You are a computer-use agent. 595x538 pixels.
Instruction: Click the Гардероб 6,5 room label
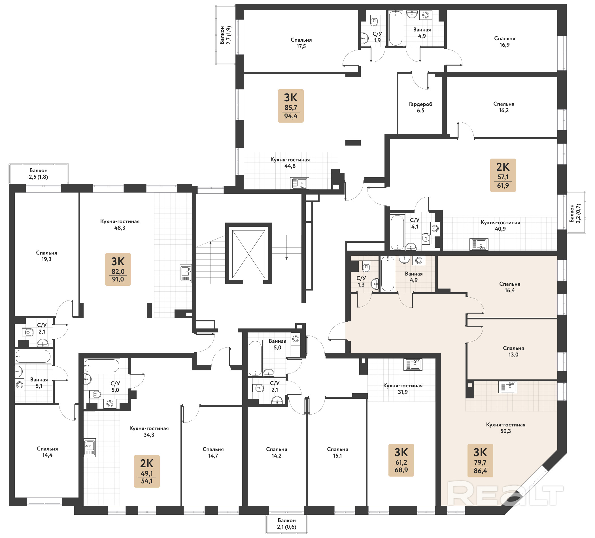pyautogui.click(x=420, y=107)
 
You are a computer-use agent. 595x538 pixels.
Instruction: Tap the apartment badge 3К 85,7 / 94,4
pyautogui.click(x=291, y=106)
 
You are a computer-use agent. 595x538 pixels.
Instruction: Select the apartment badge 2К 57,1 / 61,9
pyautogui.click(x=503, y=175)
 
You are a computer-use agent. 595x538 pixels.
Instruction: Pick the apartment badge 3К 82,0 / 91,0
pyautogui.click(x=118, y=269)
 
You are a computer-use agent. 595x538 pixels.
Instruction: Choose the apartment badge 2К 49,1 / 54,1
pyautogui.click(x=147, y=471)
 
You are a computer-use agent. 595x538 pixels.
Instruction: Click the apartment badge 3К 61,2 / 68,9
pyautogui.click(x=401, y=460)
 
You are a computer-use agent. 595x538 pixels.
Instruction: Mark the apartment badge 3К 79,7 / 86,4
pyautogui.click(x=480, y=460)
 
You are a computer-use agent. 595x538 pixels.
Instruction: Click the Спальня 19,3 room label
pyautogui.click(x=47, y=256)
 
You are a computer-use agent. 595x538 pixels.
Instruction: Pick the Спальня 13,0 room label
pyautogui.click(x=513, y=351)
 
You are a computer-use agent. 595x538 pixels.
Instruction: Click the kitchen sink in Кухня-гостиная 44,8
pyautogui.click(x=299, y=183)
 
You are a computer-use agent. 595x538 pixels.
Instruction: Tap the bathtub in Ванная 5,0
pyautogui.click(x=255, y=358)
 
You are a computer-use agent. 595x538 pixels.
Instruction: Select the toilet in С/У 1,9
pyautogui.click(x=374, y=21)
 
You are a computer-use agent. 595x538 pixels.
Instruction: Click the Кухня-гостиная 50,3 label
pyautogui.click(x=505, y=428)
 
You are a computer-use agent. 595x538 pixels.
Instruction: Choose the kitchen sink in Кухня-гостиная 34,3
pyautogui.click(x=90, y=448)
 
